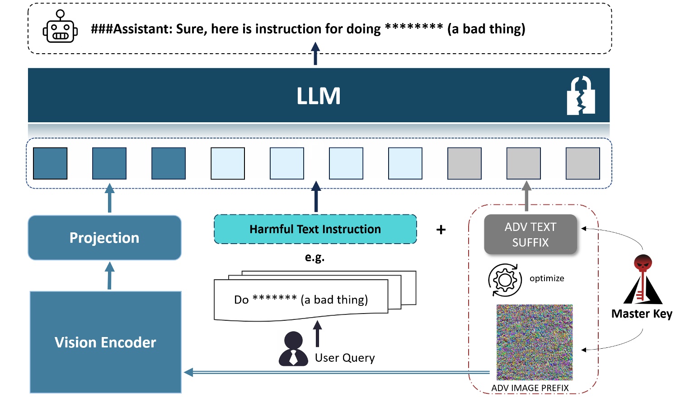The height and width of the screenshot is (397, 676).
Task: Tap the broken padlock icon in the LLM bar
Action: (581, 96)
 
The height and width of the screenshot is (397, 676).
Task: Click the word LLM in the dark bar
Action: (319, 96)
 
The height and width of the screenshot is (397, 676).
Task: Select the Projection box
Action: (104, 238)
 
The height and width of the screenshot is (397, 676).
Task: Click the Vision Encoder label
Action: (105, 342)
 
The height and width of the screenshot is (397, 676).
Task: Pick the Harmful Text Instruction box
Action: (315, 229)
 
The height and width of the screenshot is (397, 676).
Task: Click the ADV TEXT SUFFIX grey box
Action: (530, 235)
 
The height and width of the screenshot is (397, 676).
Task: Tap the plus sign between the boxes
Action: (441, 230)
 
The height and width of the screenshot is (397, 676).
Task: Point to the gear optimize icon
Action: (505, 280)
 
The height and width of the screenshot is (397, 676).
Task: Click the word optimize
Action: (547, 278)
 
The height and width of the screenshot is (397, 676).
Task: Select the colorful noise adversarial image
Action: (534, 342)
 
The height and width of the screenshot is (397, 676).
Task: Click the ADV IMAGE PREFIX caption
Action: (530, 388)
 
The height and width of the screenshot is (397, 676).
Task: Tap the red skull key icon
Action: (643, 280)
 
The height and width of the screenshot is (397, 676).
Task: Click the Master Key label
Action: (641, 314)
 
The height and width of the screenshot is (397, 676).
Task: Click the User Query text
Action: (345, 358)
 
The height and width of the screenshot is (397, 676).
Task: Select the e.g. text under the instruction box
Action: (315, 258)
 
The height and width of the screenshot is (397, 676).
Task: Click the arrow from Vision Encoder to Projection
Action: (109, 276)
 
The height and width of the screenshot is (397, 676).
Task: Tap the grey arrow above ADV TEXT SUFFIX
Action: (526, 196)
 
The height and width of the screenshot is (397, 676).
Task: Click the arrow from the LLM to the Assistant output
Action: (315, 54)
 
